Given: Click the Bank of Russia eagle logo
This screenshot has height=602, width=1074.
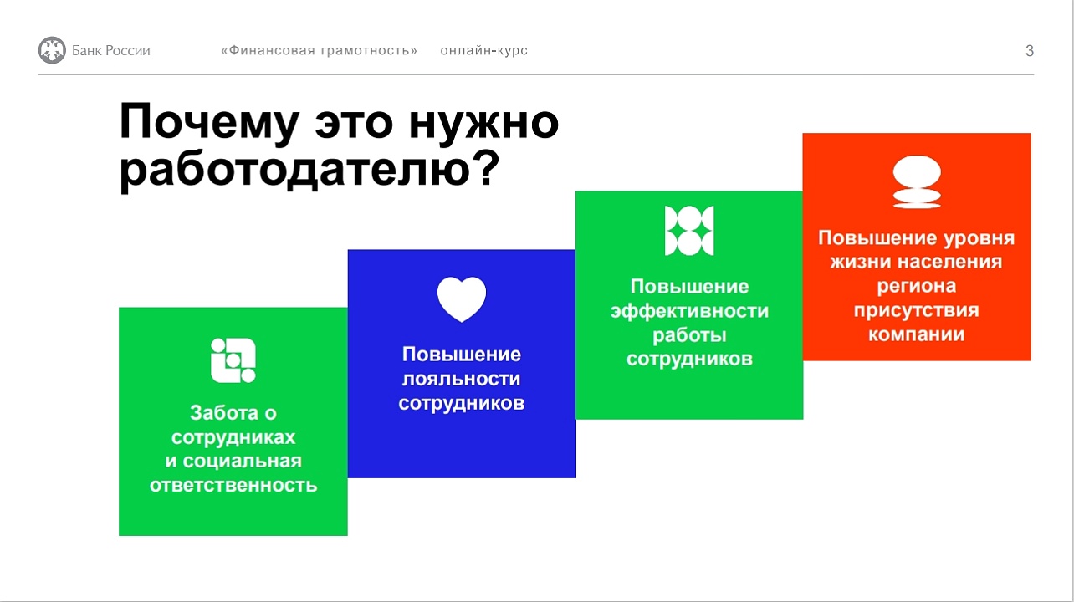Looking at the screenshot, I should [52, 50].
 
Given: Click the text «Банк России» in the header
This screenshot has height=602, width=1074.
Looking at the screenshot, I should [111, 50].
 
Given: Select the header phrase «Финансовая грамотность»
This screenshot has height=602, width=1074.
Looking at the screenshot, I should [319, 50].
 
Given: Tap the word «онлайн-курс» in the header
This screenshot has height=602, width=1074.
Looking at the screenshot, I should [483, 50].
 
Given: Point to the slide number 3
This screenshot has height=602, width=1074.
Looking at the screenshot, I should [1029, 50].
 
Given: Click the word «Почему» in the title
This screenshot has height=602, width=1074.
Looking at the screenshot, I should [208, 123].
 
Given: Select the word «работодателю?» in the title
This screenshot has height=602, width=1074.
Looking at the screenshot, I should [309, 171].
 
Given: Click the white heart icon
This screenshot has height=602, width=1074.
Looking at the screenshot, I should [462, 299].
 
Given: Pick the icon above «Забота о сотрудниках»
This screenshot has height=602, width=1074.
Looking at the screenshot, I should [233, 360].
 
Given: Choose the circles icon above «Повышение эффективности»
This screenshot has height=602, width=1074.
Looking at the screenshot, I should [689, 230].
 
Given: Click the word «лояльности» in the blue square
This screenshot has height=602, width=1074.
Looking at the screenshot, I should [462, 379].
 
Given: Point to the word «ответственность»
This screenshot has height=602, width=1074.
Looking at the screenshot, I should [233, 485].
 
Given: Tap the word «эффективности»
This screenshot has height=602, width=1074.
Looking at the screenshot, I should [689, 311].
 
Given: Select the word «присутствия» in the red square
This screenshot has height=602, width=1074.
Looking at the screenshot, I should [916, 310].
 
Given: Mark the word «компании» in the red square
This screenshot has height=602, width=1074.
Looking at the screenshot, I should [916, 334].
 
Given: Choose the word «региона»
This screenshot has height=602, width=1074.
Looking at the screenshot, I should [916, 286].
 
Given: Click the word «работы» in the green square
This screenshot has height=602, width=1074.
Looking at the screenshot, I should [689, 335].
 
